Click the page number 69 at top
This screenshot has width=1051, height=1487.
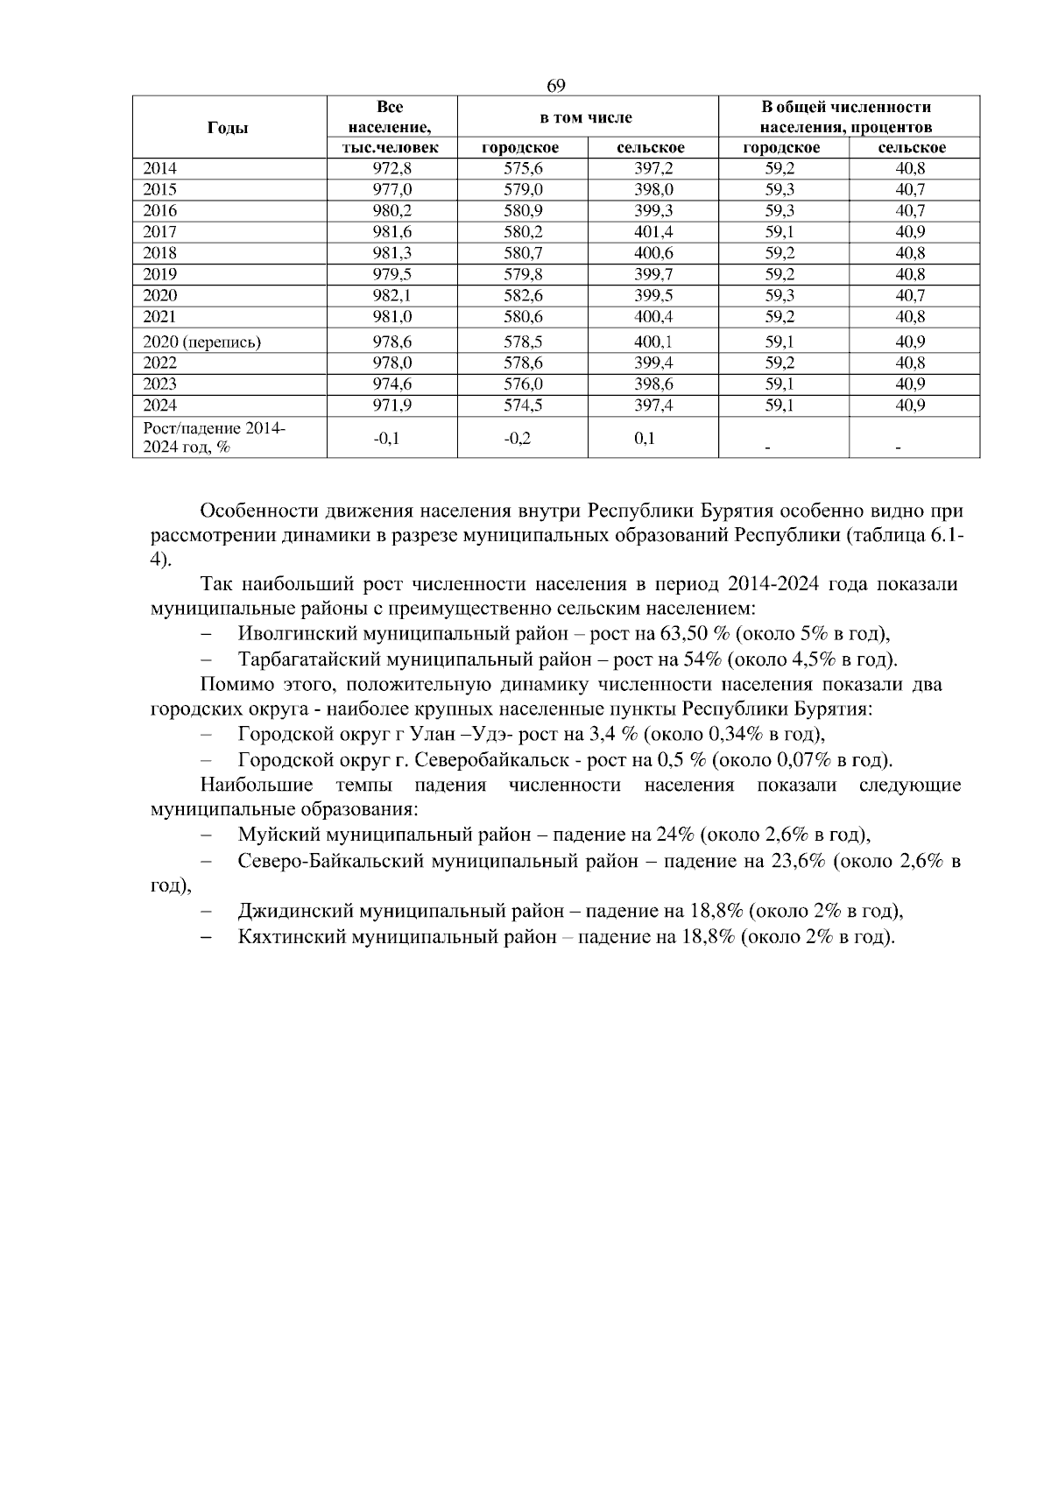coord(556,86)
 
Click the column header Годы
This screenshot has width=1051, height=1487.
coord(228,128)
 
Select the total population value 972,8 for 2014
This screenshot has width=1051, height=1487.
coord(391,169)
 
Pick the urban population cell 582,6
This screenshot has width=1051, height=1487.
coord(522,295)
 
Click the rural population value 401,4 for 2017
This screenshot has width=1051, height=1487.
coord(653,232)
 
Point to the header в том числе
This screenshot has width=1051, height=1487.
coord(586,117)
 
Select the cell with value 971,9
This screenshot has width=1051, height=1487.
coord(391,405)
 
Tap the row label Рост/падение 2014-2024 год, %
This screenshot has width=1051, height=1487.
coord(214,437)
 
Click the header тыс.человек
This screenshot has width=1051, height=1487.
coord(391,149)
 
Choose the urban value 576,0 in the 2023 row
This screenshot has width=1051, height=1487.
coord(522,384)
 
